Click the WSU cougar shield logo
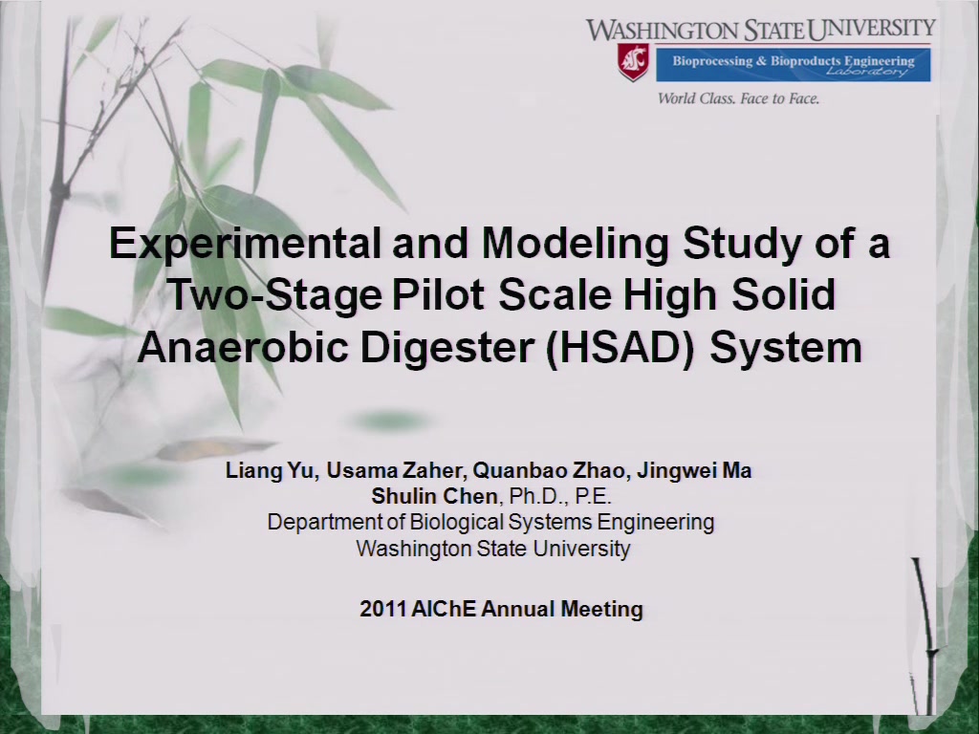pyautogui.click(x=633, y=62)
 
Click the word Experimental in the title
pyautogui.click(x=245, y=243)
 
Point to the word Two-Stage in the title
pyautogui.click(x=274, y=294)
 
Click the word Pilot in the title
pyautogui.click(x=438, y=294)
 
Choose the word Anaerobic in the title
pyautogui.click(x=242, y=347)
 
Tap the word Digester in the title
pyautogui.click(x=446, y=347)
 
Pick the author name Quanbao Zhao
pyautogui.click(x=549, y=470)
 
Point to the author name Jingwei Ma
pyautogui.click(x=694, y=470)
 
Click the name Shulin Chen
pyautogui.click(x=434, y=496)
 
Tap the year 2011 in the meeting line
pyautogui.click(x=382, y=609)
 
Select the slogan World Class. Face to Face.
pyautogui.click(x=738, y=98)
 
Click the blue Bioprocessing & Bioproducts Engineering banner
pyautogui.click(x=793, y=64)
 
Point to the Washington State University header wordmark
pyautogui.click(x=760, y=29)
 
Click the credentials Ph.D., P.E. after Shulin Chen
pyautogui.click(x=559, y=496)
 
